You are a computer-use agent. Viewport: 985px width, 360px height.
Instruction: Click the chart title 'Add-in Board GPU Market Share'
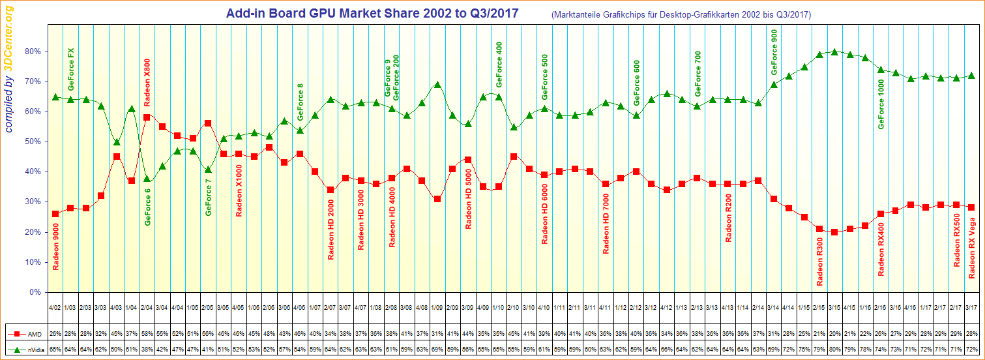[x=373, y=13]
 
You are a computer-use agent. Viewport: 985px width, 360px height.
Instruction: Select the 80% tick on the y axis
[x=33, y=52]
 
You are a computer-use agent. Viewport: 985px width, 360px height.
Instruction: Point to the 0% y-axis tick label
[x=35, y=292]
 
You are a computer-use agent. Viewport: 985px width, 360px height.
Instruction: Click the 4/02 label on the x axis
[x=55, y=307]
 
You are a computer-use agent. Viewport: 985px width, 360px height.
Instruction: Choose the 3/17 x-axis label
[x=971, y=307]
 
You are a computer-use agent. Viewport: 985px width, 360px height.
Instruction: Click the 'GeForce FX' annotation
[x=71, y=68]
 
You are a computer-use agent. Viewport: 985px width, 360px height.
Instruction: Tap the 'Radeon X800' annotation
[x=147, y=82]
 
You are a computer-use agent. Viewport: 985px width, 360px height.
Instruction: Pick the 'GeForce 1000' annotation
[x=881, y=104]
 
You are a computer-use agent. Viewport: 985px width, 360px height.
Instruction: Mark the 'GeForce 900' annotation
[x=774, y=52]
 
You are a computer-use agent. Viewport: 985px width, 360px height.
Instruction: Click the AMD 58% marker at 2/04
[x=147, y=117]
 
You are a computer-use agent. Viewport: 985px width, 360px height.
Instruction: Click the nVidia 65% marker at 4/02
[x=55, y=97]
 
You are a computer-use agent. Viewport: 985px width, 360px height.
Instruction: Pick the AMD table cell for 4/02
[x=55, y=333]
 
